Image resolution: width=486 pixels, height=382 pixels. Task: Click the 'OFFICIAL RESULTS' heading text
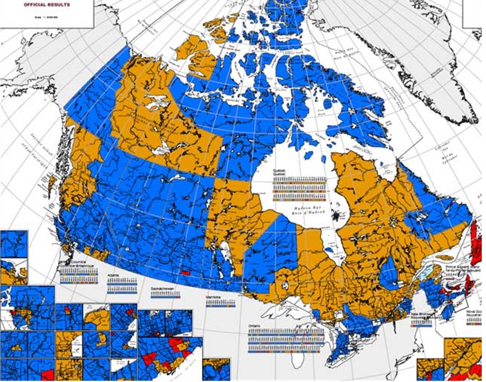(x=47, y=5)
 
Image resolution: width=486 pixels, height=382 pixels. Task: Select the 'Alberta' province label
(x=113, y=276)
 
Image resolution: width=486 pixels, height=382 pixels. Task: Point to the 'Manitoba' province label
(x=215, y=298)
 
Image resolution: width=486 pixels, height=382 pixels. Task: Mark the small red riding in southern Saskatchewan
(x=185, y=272)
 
